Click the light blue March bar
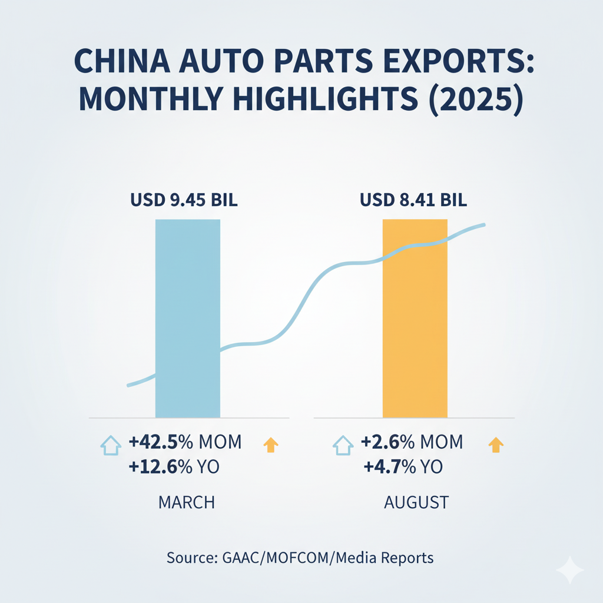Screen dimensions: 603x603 [187, 318]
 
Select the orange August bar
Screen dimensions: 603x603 [415, 318]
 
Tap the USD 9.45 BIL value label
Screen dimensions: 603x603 [183, 200]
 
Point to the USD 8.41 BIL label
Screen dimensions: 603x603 [413, 200]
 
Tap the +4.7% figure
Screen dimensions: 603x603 [383, 468]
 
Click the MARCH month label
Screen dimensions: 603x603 [187, 502]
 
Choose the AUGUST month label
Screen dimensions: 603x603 [416, 502]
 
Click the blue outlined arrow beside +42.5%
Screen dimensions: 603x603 [111, 445]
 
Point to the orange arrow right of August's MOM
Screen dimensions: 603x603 [496, 445]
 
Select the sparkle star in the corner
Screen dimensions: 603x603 [569, 569]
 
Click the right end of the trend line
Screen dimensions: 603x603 [483, 224]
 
